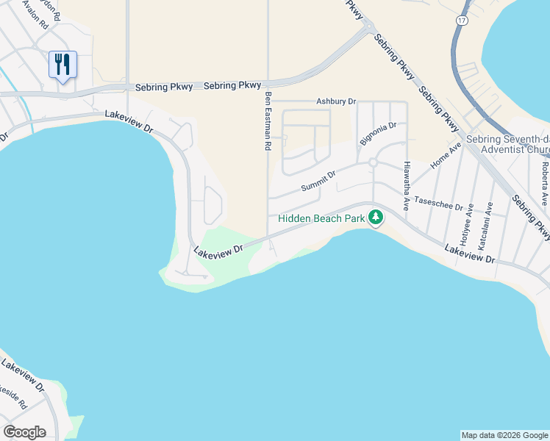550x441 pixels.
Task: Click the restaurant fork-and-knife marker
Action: (63, 65)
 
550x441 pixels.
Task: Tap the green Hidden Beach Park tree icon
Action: (376, 218)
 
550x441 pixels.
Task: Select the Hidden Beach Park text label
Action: (321, 218)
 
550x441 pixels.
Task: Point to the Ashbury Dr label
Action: (336, 101)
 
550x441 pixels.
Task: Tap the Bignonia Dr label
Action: (378, 134)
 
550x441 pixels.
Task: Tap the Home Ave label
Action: (446, 156)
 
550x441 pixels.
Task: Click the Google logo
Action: (24, 432)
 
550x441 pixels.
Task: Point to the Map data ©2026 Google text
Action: (504, 435)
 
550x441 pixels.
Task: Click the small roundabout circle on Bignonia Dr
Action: (373, 162)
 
